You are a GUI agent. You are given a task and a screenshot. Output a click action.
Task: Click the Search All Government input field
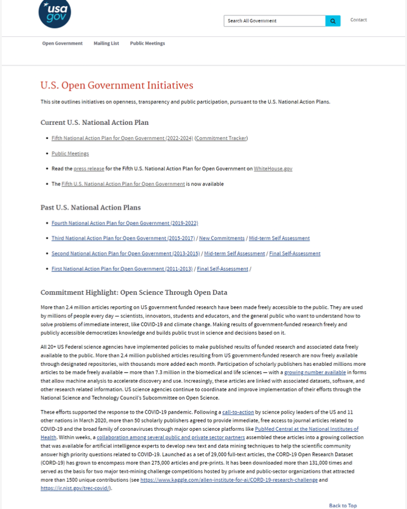click(274, 21)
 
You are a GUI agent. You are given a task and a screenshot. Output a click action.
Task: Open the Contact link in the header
click(358, 20)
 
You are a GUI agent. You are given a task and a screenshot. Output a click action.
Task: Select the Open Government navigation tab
click(62, 44)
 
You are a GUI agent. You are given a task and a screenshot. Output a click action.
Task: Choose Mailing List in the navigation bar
click(106, 44)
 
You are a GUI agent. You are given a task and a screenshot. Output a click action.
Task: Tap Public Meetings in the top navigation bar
click(147, 44)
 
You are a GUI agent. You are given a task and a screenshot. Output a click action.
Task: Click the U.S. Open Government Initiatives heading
click(117, 86)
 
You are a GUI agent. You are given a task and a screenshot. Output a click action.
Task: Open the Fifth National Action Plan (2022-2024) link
click(122, 139)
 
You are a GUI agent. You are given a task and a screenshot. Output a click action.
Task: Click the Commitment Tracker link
click(221, 139)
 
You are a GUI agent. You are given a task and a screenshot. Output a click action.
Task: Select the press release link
click(89, 169)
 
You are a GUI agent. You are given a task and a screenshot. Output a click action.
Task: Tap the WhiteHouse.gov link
click(273, 169)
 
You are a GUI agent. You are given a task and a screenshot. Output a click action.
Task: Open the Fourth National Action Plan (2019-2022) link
click(125, 223)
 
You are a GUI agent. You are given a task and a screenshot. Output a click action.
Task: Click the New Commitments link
click(222, 238)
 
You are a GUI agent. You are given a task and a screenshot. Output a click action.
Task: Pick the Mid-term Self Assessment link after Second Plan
click(234, 253)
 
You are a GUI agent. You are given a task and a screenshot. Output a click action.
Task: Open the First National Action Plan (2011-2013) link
click(121, 269)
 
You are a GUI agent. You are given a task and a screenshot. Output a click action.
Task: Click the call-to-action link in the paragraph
click(238, 412)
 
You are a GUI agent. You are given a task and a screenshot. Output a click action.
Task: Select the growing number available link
click(315, 372)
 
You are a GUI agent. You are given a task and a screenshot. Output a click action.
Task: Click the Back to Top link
click(342, 505)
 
